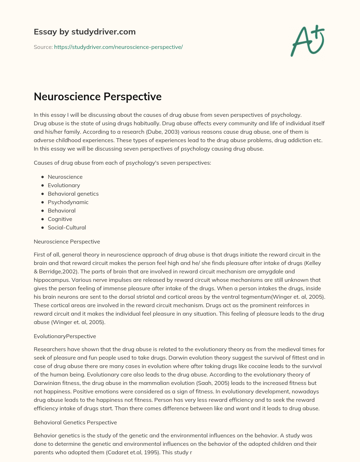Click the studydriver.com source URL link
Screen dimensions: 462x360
click(118, 47)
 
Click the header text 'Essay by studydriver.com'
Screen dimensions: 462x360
click(84, 32)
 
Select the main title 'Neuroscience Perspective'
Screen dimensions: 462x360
click(97, 96)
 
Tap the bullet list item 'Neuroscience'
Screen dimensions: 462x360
click(65, 177)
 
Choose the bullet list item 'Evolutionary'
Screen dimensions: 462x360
click(64, 185)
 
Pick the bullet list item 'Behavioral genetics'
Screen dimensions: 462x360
click(73, 194)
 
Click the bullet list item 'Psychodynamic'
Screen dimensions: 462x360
click(68, 202)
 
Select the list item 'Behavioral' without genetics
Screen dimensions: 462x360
click(62, 210)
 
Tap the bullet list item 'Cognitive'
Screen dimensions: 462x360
click(60, 219)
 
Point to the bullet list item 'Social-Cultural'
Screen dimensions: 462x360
click(67, 227)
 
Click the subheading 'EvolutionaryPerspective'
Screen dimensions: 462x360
click(65, 336)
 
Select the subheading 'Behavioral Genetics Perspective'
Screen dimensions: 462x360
click(75, 422)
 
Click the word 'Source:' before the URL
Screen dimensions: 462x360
click(43, 47)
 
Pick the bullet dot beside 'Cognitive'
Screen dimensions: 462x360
click(43, 219)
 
